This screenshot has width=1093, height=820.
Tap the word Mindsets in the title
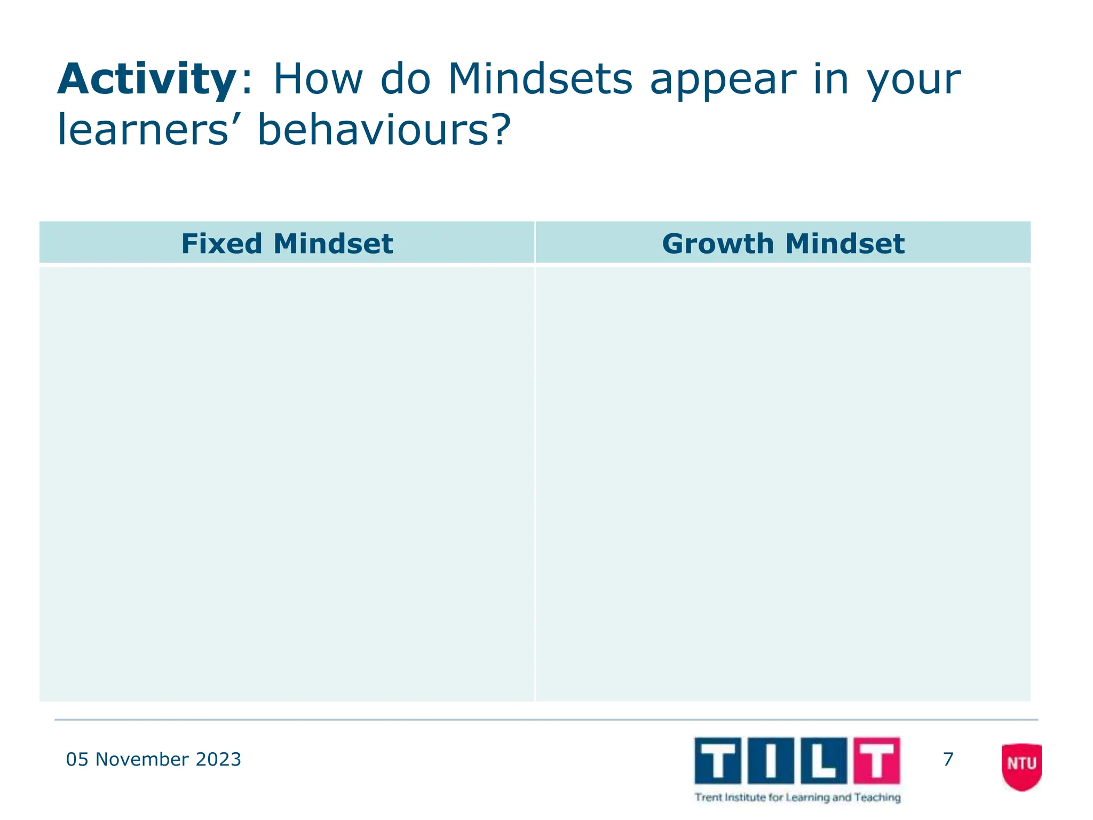click(540, 79)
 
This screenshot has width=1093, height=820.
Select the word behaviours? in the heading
click(384, 130)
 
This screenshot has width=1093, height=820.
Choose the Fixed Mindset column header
click(287, 243)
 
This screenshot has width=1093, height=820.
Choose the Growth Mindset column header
click(783, 243)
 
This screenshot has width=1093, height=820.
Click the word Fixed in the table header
click(221, 243)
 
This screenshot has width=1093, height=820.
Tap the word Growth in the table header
click(717, 243)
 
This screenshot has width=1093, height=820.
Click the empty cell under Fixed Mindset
click(287, 483)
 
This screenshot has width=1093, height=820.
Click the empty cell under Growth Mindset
click(783, 483)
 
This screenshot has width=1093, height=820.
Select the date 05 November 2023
click(153, 759)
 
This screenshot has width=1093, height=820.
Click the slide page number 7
click(948, 759)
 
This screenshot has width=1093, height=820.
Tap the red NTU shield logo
click(1021, 766)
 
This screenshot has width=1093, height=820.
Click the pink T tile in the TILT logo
click(877, 760)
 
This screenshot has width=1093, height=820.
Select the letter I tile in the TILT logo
click(771, 760)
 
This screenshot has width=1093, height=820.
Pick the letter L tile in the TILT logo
click(823, 760)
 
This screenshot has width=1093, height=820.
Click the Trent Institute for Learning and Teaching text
click(797, 798)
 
